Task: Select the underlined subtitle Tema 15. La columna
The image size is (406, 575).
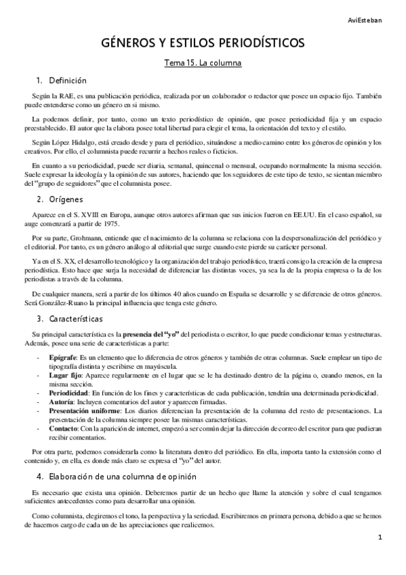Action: [x=203, y=64]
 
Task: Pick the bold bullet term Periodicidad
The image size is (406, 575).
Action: [x=70, y=393]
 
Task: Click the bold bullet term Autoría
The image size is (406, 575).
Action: [x=64, y=403]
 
